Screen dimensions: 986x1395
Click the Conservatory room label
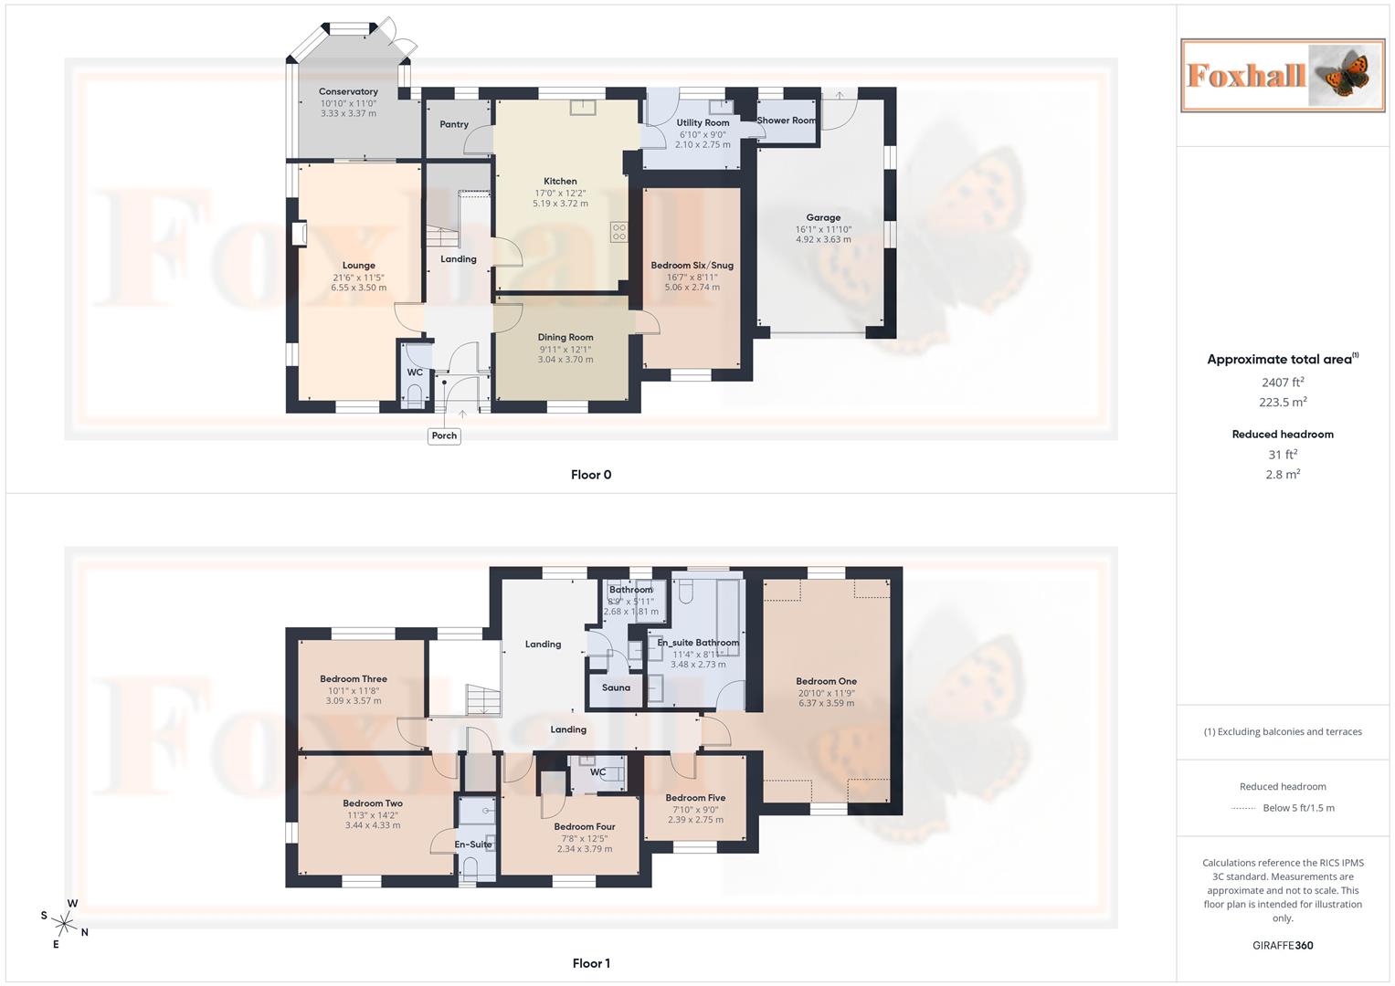point(348,91)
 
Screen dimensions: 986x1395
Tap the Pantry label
point(454,124)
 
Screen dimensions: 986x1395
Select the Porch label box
point(444,435)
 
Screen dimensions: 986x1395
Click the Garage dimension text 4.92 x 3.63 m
point(823,239)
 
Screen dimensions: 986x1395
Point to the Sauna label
point(616,687)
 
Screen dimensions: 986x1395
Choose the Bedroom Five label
point(695,798)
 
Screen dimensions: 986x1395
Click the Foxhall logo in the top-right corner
point(1282,75)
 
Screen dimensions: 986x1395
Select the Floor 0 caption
point(591,475)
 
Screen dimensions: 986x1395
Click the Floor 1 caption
point(591,963)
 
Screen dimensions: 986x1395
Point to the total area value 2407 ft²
point(1283,383)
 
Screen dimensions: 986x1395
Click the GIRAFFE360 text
point(1283,946)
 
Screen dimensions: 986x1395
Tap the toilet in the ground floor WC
point(414,395)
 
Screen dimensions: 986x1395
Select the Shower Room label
point(787,121)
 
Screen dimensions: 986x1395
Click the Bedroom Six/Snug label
point(692,266)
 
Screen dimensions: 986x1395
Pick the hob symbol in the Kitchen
point(619,232)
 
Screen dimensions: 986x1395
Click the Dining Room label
point(565,337)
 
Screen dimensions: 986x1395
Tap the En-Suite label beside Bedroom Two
point(473,844)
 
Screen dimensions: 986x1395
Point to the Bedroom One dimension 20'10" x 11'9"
point(826,693)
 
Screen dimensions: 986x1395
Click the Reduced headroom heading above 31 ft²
point(1283,435)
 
